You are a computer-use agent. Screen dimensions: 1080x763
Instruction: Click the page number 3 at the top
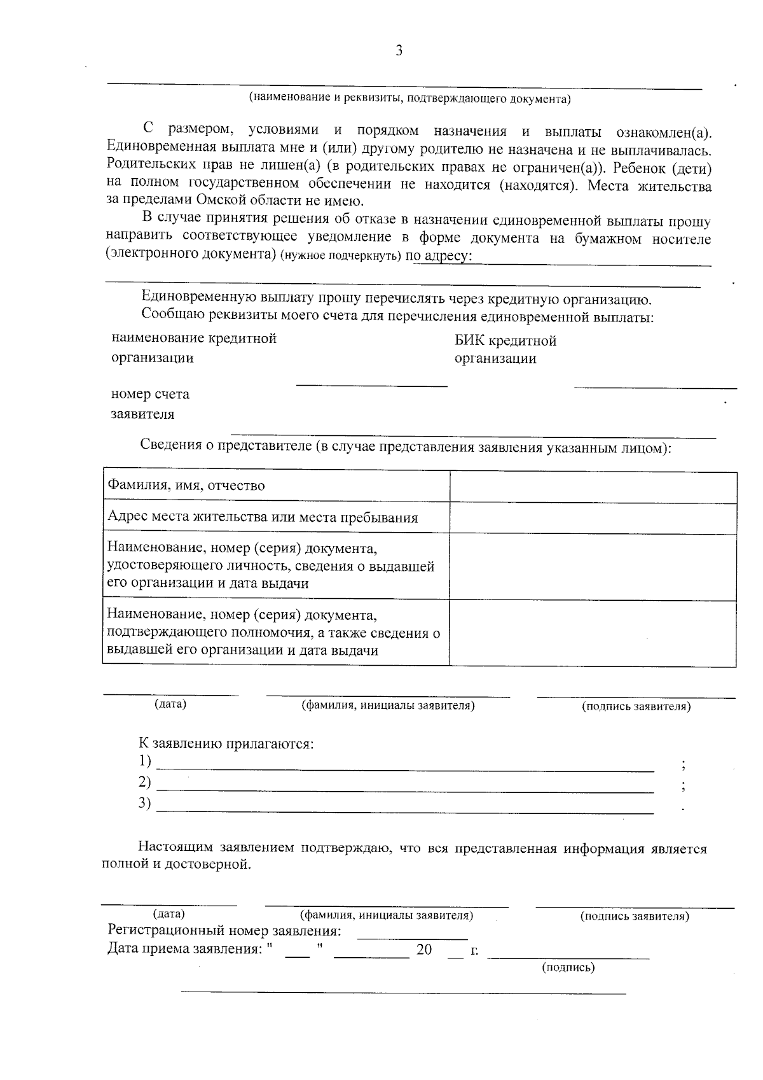[399, 52]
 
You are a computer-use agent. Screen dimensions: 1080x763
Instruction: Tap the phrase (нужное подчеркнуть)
[340, 256]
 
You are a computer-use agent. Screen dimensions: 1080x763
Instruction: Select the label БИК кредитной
[505, 341]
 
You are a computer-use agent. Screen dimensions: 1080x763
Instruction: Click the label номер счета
[150, 394]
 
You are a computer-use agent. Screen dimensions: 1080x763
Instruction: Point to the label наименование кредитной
[194, 339]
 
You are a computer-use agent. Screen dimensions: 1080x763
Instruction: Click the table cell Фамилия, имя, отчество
[186, 486]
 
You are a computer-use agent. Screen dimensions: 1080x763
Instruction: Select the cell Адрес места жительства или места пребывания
[262, 517]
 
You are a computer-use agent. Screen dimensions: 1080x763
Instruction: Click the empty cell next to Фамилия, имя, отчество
[593, 487]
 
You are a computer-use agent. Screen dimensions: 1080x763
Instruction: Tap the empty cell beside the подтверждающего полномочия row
[593, 633]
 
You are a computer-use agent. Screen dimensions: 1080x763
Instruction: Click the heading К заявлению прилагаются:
[226, 743]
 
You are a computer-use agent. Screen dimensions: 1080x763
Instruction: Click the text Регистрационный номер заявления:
[224, 931]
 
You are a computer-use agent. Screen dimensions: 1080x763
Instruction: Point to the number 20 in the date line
[424, 950]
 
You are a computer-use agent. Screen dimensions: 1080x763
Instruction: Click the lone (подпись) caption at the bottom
[568, 968]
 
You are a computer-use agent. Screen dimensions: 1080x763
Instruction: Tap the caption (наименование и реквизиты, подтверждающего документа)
[409, 99]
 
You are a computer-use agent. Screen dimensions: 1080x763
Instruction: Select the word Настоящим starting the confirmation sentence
[176, 849]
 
